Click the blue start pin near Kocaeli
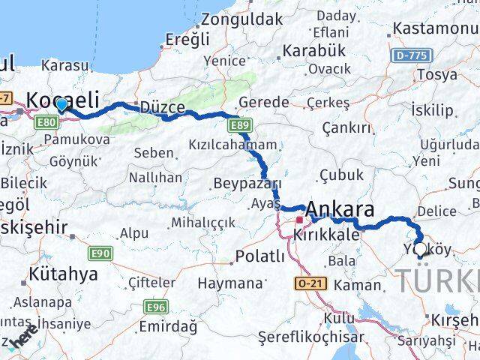point(61,106)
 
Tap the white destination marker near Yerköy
point(420,248)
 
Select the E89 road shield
point(241,124)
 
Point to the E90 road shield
point(102,253)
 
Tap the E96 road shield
point(156,307)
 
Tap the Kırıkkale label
point(326,235)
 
